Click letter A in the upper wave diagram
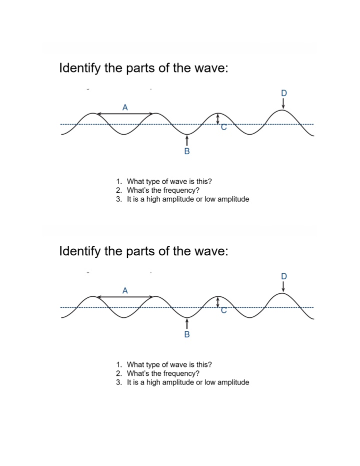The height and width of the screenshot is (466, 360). (125, 107)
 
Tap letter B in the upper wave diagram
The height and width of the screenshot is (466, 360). (187, 151)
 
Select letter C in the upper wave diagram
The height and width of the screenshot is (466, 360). (224, 127)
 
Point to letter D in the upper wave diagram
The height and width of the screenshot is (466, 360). (284, 93)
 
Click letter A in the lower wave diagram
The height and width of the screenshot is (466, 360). (125, 290)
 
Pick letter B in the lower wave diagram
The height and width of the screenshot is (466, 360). (187, 334)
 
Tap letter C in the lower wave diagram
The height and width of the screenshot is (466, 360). (224, 310)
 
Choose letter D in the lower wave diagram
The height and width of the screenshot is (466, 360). (284, 276)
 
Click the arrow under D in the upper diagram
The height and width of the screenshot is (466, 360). (283, 104)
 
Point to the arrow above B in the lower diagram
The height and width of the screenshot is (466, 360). (187, 324)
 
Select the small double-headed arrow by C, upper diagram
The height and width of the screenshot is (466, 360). (218, 119)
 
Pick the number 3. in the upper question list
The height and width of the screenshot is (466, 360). (119, 199)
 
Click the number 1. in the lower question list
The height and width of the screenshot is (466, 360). (119, 365)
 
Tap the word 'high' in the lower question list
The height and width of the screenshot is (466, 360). (153, 382)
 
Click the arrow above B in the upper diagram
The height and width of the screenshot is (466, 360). (187, 141)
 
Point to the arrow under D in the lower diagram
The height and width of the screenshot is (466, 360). (283, 286)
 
